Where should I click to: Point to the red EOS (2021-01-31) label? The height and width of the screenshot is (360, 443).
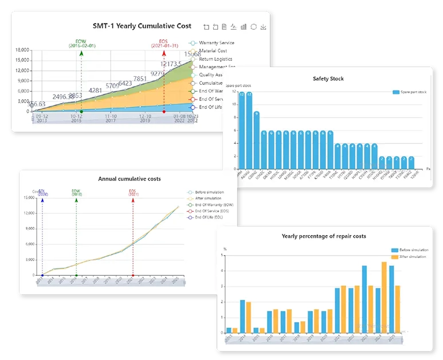pyautogui.click(x=164, y=43)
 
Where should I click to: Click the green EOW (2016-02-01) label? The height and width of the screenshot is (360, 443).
pyautogui.click(x=82, y=43)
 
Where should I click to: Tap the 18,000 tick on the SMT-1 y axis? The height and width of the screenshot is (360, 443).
pyautogui.click(x=22, y=50)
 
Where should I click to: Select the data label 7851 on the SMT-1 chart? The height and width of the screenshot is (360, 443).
pyautogui.click(x=140, y=79)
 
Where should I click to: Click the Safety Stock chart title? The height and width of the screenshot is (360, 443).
pyautogui.click(x=328, y=79)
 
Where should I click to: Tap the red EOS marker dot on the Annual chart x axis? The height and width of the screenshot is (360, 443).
pyautogui.click(x=132, y=275)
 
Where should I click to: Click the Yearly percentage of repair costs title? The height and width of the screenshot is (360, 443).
pyautogui.click(x=324, y=236)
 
